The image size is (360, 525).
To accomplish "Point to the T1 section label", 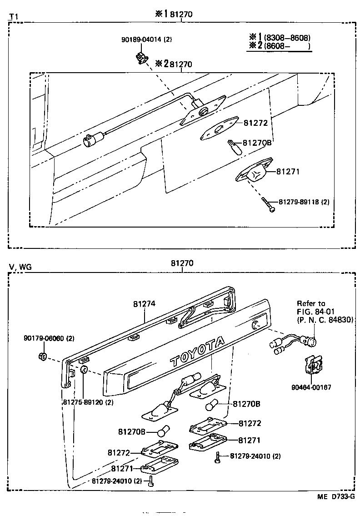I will pos(13,17).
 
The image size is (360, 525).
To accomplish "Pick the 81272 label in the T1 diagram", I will pos(255,123).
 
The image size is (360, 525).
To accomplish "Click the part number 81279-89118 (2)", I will pos(303,202).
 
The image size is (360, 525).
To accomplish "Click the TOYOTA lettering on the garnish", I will pos(197,352).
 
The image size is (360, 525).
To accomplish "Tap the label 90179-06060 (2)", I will pos(49,339).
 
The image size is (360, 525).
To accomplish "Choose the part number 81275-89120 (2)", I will pos(88,402).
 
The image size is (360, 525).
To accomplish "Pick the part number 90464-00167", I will pos(311,387).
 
